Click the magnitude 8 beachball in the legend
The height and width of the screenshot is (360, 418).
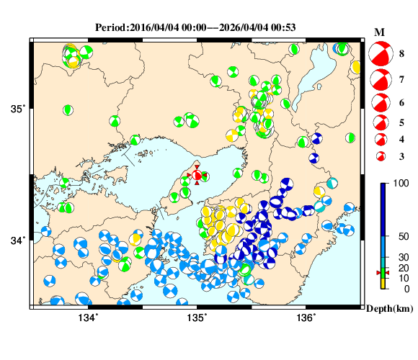pos(380,53)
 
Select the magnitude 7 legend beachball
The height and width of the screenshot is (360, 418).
pos(380,78)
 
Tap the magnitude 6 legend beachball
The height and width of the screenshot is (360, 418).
pos(380,102)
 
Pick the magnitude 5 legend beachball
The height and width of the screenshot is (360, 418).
pos(380,122)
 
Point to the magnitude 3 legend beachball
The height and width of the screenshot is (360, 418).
pos(380,156)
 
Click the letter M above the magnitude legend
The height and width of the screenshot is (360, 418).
pos(380,32)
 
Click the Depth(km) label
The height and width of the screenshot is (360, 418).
pos(388,308)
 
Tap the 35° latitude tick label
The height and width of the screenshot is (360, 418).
pos(17,109)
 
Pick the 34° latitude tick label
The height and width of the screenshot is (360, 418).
pos(17,240)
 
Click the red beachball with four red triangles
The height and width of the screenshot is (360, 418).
pos(197,176)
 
